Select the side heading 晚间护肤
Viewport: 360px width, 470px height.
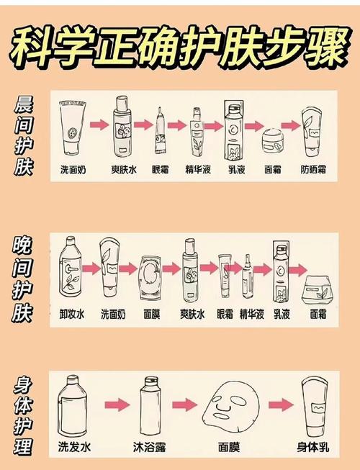(22, 279)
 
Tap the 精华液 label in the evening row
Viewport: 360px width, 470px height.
(252, 315)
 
